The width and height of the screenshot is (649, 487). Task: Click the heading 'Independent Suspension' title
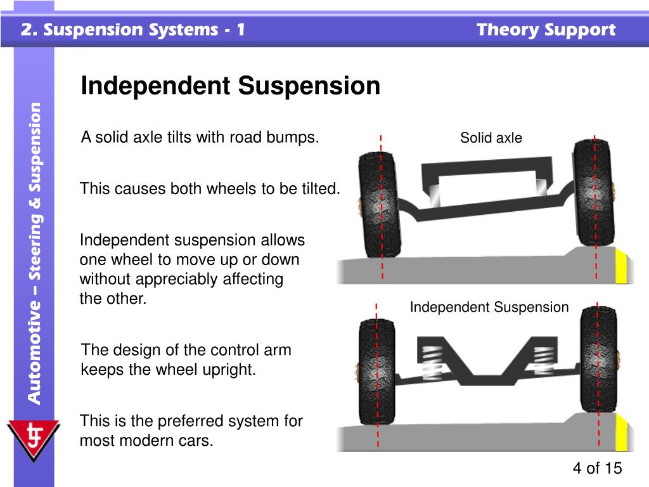pos(230,86)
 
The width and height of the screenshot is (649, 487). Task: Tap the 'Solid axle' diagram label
pos(491,138)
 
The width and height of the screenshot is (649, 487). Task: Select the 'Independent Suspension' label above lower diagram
pos(489,308)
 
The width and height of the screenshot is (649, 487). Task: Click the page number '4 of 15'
pos(597,468)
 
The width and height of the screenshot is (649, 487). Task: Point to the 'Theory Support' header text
pos(546,30)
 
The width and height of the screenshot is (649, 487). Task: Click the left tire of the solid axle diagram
pos(379,204)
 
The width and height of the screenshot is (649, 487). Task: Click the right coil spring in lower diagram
pos(543,359)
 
